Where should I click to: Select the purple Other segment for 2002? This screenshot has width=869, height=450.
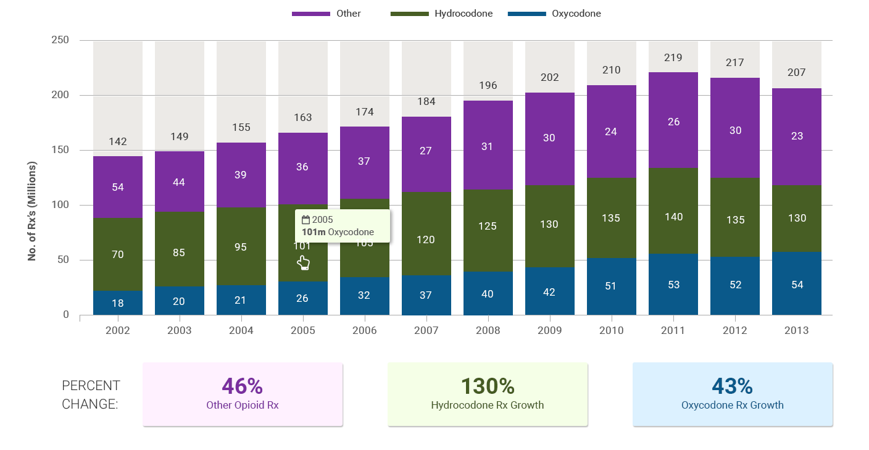[118, 186]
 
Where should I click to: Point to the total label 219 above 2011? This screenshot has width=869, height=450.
[673, 57]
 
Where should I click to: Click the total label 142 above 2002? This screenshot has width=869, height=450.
[118, 141]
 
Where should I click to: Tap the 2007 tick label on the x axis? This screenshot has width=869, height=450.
[426, 330]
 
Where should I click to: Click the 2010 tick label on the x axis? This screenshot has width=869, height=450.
[612, 330]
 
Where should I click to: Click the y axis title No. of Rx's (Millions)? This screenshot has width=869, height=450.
[32, 211]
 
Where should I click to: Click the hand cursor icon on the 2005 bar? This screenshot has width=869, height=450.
[303, 263]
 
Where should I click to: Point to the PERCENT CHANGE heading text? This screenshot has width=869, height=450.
[91, 395]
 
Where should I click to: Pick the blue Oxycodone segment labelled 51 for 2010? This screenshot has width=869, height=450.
[612, 286]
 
